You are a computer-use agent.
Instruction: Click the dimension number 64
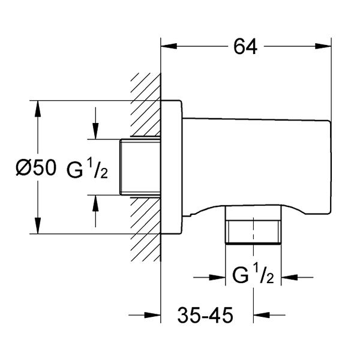pyautogui.click(x=245, y=47)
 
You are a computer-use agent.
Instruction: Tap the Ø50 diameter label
pyautogui.click(x=36, y=168)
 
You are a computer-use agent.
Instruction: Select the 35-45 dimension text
pyautogui.click(x=205, y=315)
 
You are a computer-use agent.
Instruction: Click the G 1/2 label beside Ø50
pyautogui.click(x=87, y=169)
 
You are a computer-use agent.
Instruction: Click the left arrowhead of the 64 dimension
pyautogui.click(x=169, y=46)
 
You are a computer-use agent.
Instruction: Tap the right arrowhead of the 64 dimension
pyautogui.click(x=323, y=46)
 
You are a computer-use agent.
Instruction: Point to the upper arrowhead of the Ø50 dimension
pyautogui.click(x=38, y=109)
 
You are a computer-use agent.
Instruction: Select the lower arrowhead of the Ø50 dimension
pyautogui.click(x=38, y=226)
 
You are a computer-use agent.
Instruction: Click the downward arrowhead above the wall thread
pyautogui.click(x=95, y=131)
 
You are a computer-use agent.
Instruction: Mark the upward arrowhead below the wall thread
pyautogui.click(x=95, y=203)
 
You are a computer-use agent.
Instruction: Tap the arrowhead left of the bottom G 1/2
pyautogui.click(x=217, y=277)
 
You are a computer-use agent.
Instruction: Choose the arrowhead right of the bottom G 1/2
pyautogui.click(x=290, y=277)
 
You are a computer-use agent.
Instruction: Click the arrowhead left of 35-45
pyautogui.click(x=152, y=315)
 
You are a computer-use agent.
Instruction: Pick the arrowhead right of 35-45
pyautogui.click(x=262, y=315)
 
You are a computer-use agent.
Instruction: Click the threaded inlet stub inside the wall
pyautogui.click(x=140, y=167)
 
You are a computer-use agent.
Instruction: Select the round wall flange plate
pyautogui.click(x=172, y=167)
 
